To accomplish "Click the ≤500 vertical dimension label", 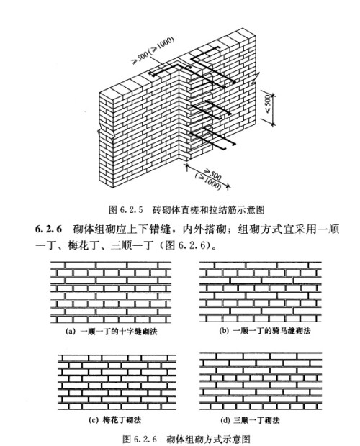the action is point(269,104).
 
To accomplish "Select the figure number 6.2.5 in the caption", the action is point(131,210).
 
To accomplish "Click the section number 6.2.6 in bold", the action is point(48,229).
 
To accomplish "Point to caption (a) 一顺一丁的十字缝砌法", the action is point(112,332).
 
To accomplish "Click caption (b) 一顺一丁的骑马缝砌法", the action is point(265,331).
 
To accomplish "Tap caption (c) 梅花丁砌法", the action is point(114,420).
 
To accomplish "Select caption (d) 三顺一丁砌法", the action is point(250,420).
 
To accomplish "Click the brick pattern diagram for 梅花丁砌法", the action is point(117,382).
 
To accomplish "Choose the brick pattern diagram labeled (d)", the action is point(261,381).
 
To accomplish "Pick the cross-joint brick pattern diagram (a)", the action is point(111,292).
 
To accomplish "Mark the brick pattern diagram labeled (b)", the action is point(260,292).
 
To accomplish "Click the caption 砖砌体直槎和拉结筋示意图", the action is point(209,210).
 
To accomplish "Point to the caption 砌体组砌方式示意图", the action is point(208,439).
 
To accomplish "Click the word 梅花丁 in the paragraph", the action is point(81,245).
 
